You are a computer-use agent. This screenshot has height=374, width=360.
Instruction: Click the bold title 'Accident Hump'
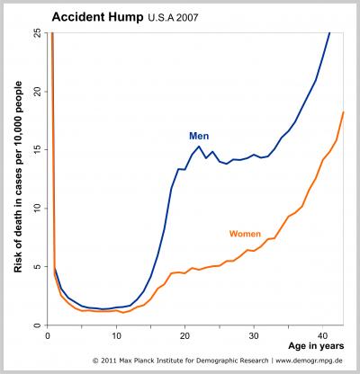pyautogui.click(x=92, y=16)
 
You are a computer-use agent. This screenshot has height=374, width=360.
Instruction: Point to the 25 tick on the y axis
pyautogui.click(x=36, y=33)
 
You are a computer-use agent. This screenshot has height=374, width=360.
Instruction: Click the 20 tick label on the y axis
pyautogui.click(x=36, y=92)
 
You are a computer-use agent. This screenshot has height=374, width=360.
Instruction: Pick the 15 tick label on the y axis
pyautogui.click(x=36, y=150)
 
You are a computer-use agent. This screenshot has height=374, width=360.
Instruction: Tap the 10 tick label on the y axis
pyautogui.click(x=36, y=209)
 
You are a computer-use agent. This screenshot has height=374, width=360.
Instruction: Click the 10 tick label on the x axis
pyautogui.click(x=116, y=335)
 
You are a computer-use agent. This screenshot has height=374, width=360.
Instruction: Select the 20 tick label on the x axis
pyautogui.click(x=185, y=335)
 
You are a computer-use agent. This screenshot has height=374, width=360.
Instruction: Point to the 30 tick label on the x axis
pyautogui.click(x=254, y=335)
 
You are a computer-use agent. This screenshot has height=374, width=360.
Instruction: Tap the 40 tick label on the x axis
pyautogui.click(x=323, y=335)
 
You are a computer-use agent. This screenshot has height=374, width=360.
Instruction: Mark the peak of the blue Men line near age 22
pyautogui.click(x=199, y=147)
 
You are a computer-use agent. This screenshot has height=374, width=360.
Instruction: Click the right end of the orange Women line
pyautogui.click(x=344, y=112)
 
